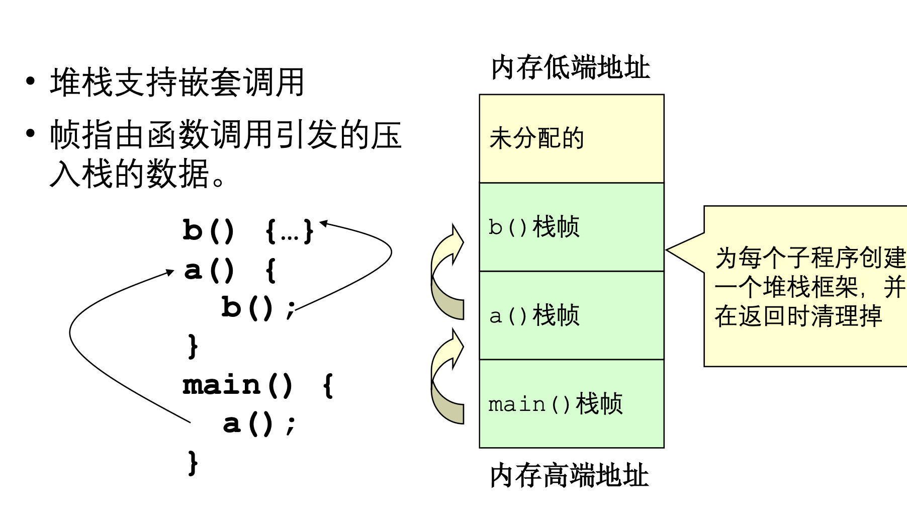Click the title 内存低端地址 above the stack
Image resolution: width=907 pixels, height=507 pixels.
[570, 68]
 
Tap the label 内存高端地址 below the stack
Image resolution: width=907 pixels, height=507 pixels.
[569, 476]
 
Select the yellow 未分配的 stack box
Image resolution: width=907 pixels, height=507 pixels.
[571, 138]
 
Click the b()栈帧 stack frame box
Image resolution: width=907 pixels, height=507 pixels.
[571, 227]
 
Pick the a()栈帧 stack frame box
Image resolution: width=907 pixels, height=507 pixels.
[571, 315]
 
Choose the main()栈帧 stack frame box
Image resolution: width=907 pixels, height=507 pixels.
[571, 404]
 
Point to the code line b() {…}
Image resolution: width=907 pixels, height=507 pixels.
[248, 231]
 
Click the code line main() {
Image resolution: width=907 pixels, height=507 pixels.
[257, 385]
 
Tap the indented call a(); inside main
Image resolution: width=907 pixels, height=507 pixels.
[259, 424]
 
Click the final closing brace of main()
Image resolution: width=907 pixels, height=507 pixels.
[193, 462]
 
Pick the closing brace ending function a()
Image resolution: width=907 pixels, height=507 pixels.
[193, 346]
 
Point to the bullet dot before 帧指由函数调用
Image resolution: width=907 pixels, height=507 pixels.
[32, 134]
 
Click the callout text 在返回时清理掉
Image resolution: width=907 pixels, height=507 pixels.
[798, 317]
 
